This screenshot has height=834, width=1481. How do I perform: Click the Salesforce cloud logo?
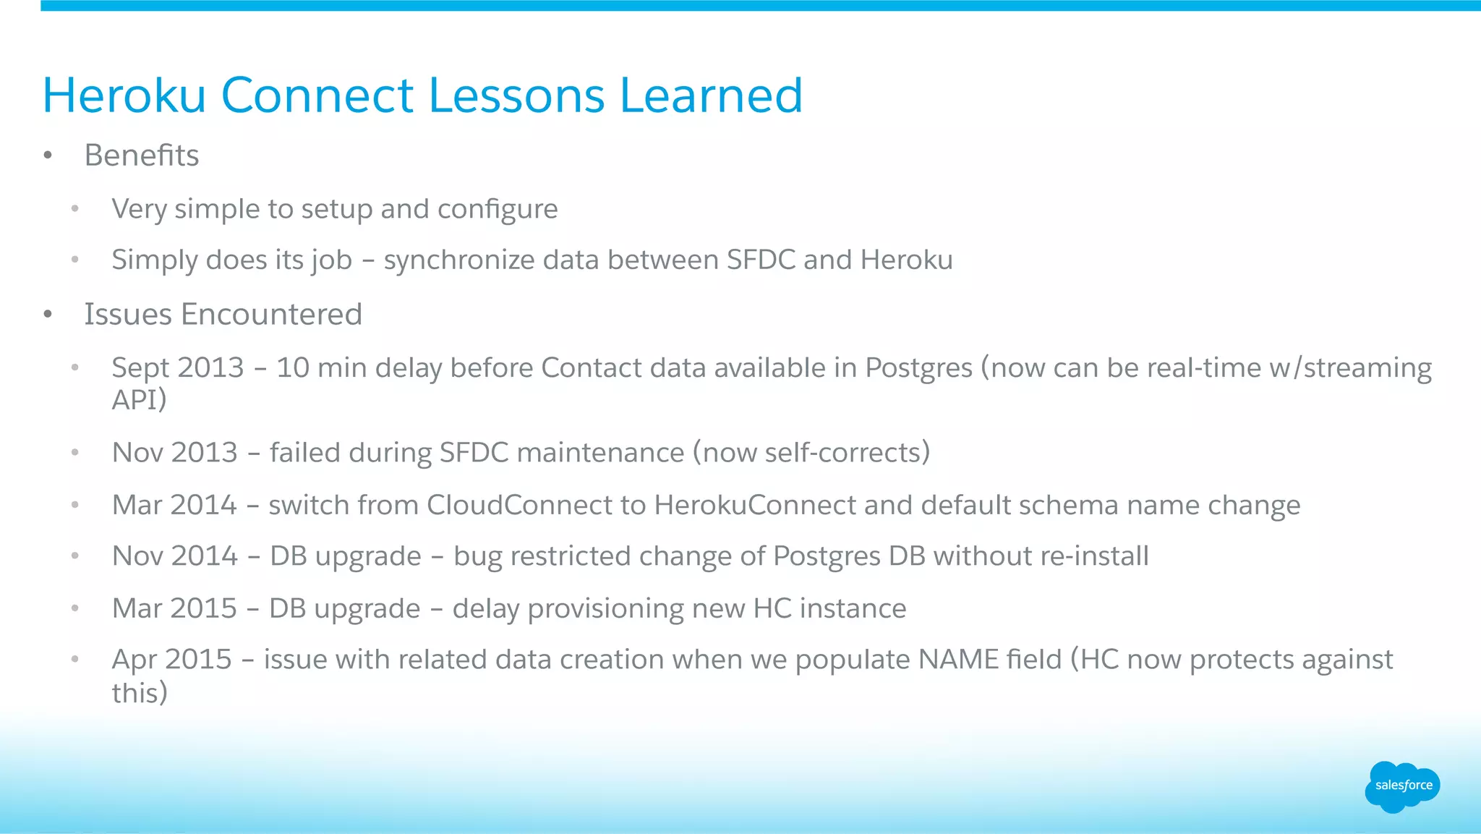click(x=1402, y=786)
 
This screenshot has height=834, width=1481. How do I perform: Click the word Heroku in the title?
click(x=124, y=95)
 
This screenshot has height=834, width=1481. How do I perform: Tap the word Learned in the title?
click(x=711, y=95)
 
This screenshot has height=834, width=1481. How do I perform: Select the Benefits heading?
click(x=141, y=156)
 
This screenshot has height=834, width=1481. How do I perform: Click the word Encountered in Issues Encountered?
click(x=271, y=315)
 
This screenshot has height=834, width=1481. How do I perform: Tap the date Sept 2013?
click(x=178, y=368)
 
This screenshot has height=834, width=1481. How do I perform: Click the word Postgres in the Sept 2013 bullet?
click(x=918, y=368)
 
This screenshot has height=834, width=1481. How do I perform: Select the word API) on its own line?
click(x=139, y=399)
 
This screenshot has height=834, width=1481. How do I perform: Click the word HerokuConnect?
click(x=755, y=505)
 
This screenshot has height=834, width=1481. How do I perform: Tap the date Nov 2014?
click(x=175, y=556)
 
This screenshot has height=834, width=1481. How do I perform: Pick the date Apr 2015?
click(x=172, y=660)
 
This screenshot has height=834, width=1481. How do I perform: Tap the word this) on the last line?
click(x=140, y=693)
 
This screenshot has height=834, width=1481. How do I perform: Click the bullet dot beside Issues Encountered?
click(x=48, y=315)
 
